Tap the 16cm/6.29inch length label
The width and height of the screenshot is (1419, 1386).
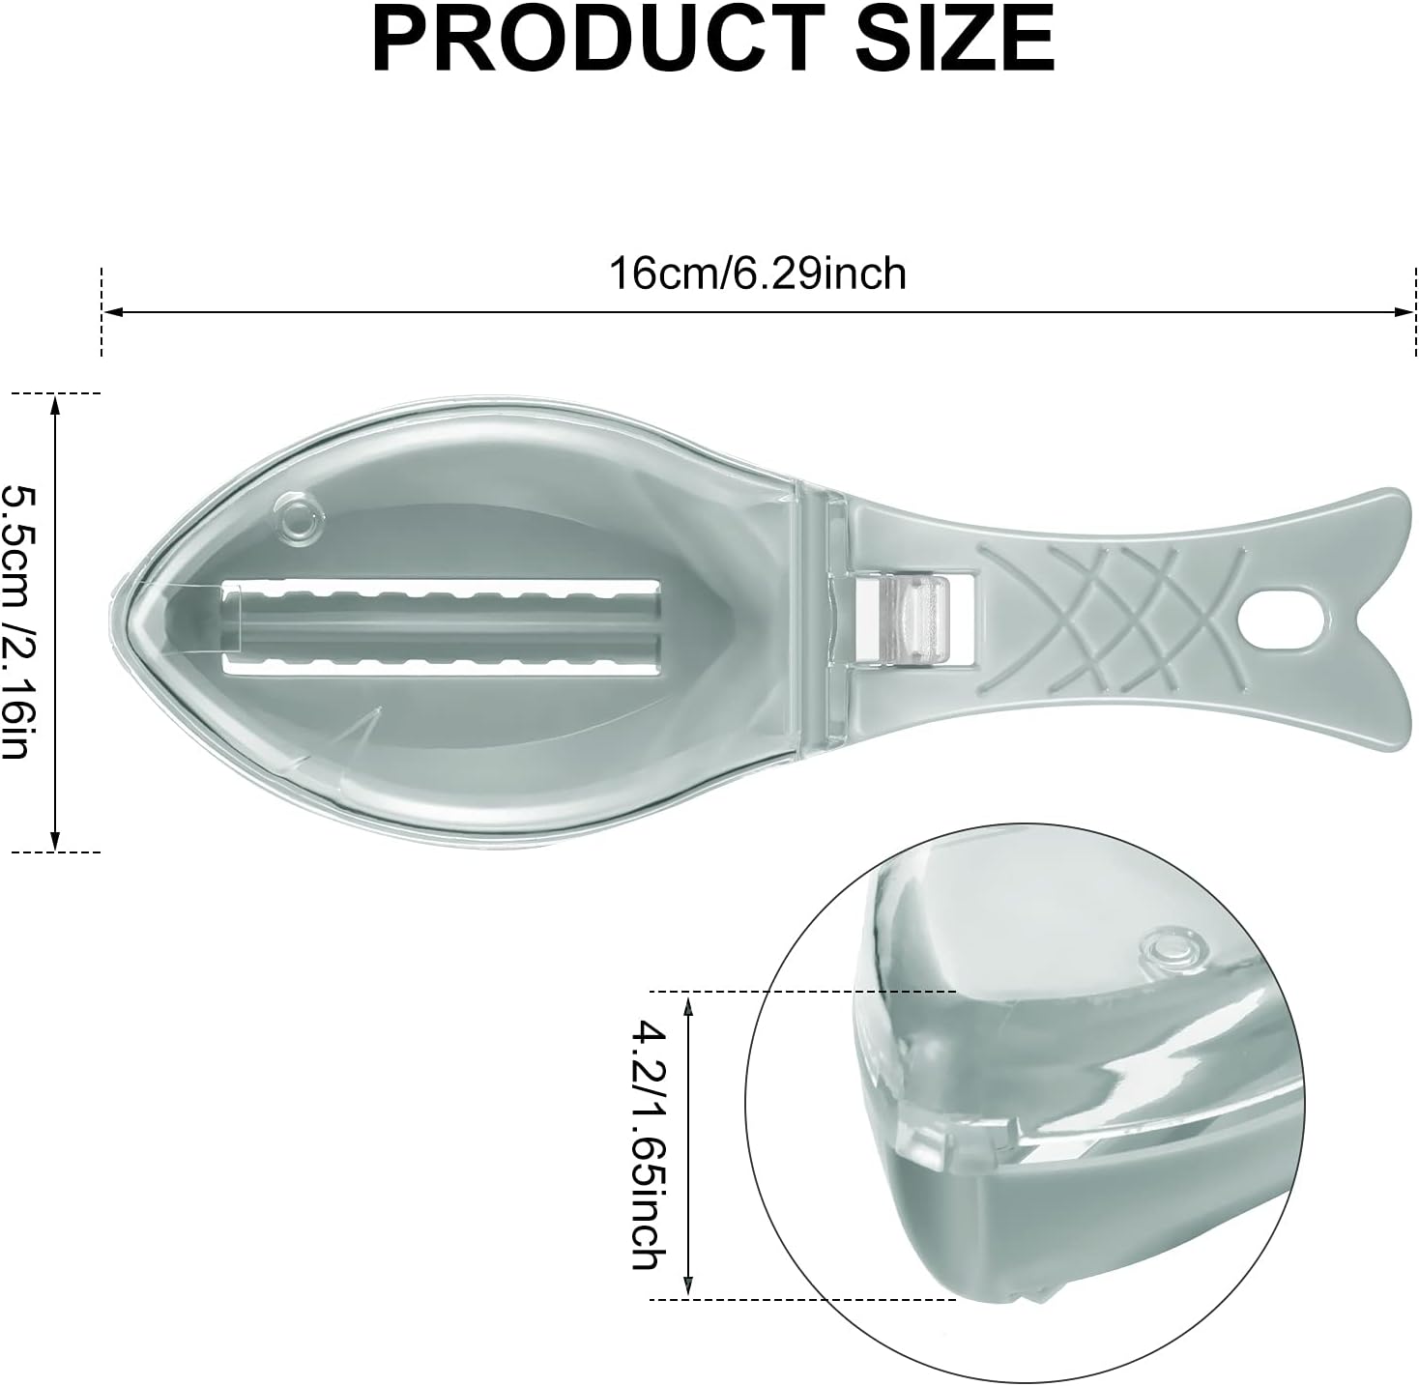758,274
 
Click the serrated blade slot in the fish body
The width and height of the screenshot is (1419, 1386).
441,621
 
